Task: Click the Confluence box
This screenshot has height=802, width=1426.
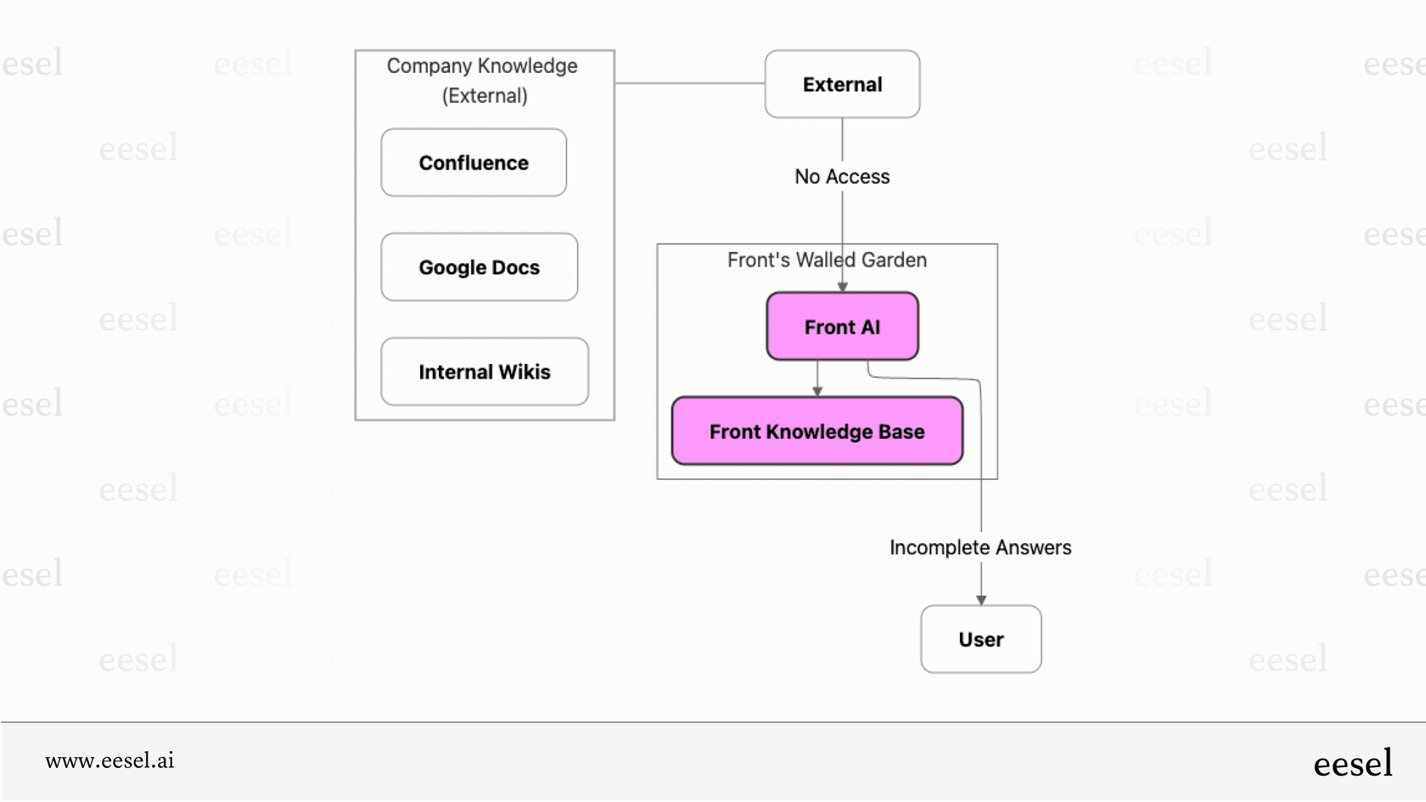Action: (x=474, y=163)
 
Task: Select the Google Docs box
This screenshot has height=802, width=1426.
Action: (x=479, y=267)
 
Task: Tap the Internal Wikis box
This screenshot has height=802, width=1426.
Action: (x=484, y=372)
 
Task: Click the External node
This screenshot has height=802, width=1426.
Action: (x=842, y=84)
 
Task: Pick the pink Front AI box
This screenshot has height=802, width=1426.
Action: (x=842, y=327)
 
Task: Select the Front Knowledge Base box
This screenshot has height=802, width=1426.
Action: (x=817, y=431)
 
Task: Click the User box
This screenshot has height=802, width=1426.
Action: (x=980, y=639)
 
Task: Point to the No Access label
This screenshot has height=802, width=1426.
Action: (x=842, y=177)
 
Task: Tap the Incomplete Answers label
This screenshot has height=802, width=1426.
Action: (x=980, y=547)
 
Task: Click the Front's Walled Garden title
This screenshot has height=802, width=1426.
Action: (x=827, y=260)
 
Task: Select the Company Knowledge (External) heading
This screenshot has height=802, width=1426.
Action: (x=483, y=81)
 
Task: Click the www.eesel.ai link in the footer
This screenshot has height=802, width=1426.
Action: (x=109, y=760)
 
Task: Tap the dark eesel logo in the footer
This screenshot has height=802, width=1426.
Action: (x=1352, y=763)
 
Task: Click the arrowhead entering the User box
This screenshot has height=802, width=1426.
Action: (x=981, y=600)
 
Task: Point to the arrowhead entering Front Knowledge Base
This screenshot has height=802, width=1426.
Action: (x=817, y=391)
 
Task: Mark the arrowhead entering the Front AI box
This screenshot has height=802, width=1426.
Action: (x=842, y=287)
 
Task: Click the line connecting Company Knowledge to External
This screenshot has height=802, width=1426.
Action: (x=689, y=83)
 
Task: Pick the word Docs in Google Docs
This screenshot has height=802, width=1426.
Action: (x=515, y=267)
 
